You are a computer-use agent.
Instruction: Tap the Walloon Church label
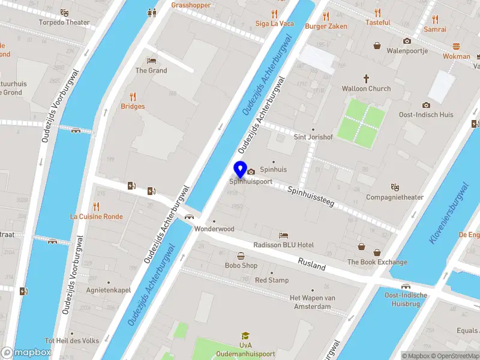pos(366,89)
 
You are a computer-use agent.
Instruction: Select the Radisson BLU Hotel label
pos(284,245)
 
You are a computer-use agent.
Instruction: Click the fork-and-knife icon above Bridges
pos(133,96)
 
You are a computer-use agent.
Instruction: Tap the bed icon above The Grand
pos(151,61)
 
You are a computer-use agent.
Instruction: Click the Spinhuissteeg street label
pos(310,199)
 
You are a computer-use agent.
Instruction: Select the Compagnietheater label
pos(395,197)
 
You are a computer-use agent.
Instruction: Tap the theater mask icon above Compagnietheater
pos(395,187)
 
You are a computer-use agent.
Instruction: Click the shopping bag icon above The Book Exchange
pos(362,246)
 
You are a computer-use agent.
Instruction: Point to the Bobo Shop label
pos(241,265)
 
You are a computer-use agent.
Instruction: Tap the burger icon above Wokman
pos(456,46)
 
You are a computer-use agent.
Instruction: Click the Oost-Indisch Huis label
pos(426,115)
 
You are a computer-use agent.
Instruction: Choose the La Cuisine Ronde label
pos(96,217)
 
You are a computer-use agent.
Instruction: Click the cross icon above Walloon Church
pos(366,79)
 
